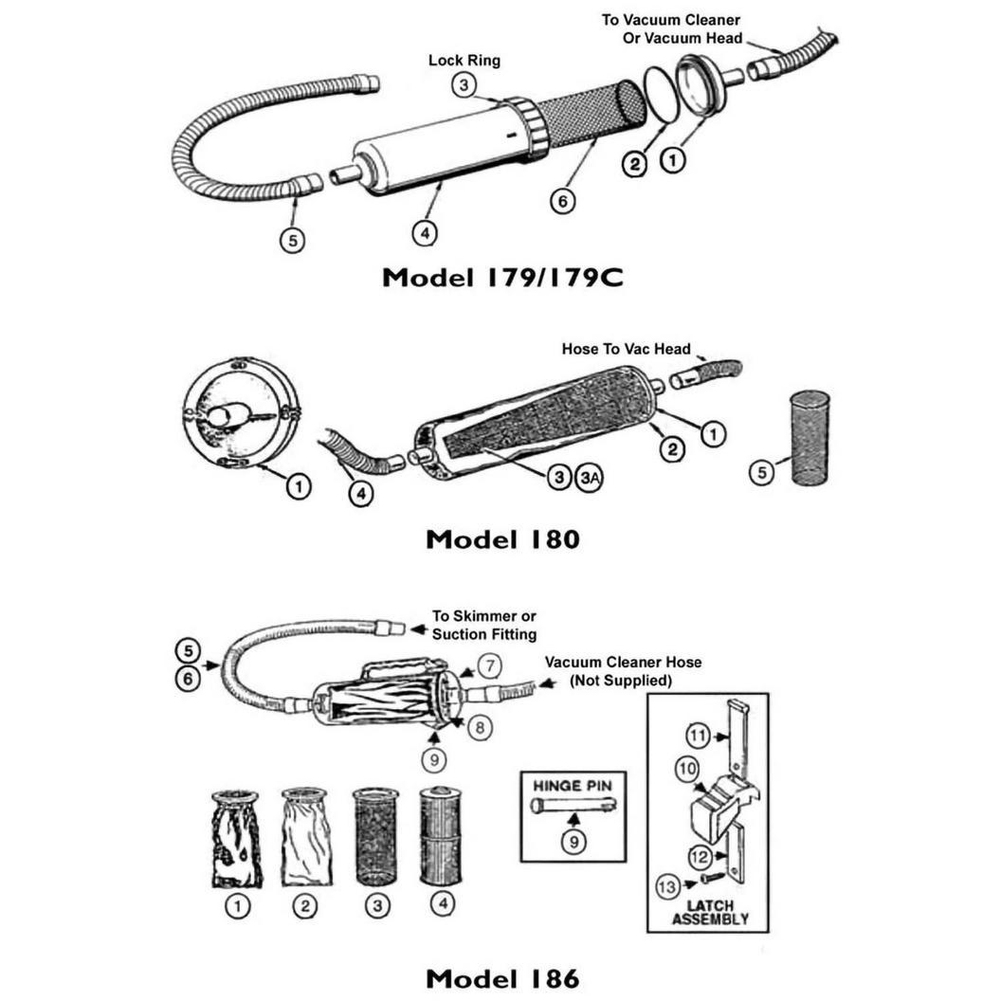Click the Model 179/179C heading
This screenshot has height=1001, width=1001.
coord(502,278)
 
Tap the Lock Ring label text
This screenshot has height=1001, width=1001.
coord(464,61)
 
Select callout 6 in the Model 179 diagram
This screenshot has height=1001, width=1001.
coord(562,201)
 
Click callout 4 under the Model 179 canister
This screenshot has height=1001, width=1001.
coord(426,233)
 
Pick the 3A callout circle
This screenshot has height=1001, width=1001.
coord(590,477)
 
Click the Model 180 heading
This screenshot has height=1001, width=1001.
coord(502,539)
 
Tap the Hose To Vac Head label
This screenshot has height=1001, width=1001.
coord(626,349)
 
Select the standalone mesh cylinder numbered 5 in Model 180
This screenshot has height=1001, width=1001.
coord(810,438)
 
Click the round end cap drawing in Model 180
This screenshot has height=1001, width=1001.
coord(241,413)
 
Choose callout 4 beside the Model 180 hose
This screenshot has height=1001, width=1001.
coord(361,493)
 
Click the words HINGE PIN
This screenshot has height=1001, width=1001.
coord(573,787)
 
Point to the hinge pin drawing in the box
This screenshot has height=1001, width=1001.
coord(573,806)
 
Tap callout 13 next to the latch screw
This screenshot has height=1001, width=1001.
coord(667,886)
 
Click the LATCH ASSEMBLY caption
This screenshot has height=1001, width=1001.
coord(710,912)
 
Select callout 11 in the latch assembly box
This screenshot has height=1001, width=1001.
coord(698,736)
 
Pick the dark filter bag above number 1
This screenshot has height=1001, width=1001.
coord(236,839)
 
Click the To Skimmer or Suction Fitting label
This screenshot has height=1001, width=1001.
coord(483,625)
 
